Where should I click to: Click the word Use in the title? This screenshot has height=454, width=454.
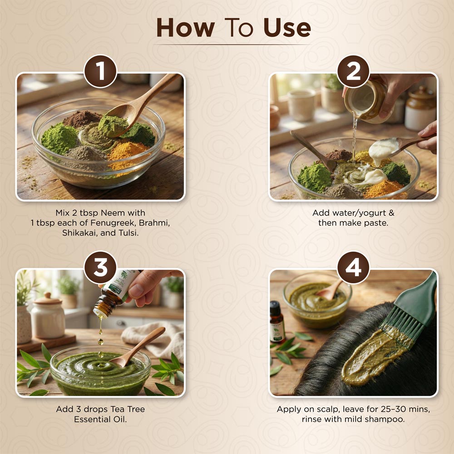click(287, 28)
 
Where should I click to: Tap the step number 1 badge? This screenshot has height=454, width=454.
click(100, 71)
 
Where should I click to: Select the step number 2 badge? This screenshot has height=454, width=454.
click(353, 71)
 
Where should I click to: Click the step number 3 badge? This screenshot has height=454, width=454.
click(100, 267)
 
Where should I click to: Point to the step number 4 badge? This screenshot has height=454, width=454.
click(353, 267)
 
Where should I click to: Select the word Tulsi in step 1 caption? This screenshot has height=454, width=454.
click(128, 233)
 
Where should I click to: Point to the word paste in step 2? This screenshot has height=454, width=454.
click(375, 223)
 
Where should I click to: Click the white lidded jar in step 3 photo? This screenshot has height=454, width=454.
click(48, 316)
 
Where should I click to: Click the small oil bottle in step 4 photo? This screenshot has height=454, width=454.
click(277, 321)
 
